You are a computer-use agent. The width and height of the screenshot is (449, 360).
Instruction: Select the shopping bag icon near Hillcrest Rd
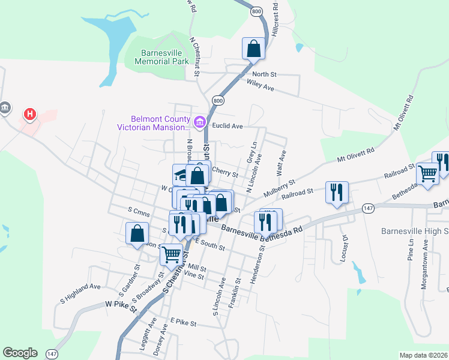(x=253, y=49)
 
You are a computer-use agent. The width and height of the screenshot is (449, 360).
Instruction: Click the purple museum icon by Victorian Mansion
(x=199, y=122)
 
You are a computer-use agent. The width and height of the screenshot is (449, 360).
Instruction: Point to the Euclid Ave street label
(x=228, y=127)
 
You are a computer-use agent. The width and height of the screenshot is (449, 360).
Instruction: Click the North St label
(x=264, y=74)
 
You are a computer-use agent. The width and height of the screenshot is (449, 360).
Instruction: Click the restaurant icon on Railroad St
(x=336, y=192)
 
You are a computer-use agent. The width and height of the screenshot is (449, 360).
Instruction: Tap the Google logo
(x=20, y=353)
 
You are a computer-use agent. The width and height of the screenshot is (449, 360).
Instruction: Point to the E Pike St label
(x=184, y=323)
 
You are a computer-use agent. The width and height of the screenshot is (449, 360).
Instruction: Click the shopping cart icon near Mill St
(x=171, y=255)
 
